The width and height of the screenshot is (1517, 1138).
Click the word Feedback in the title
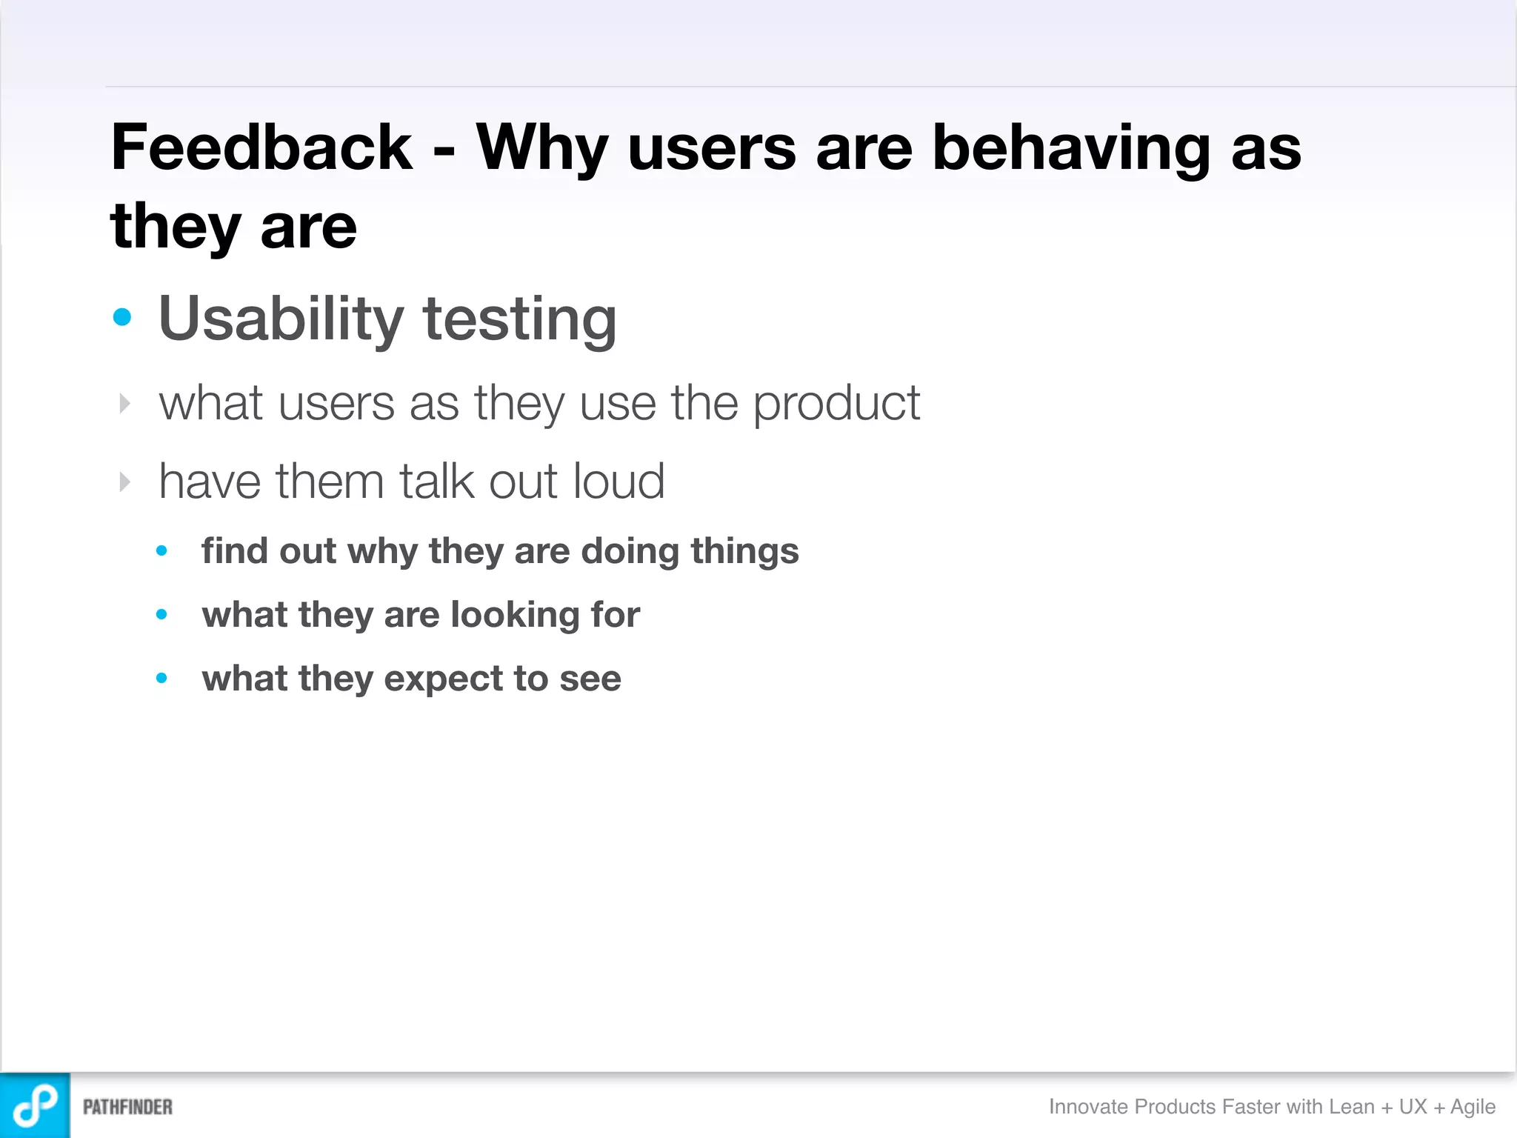tap(261, 147)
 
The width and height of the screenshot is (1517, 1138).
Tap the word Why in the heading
tap(541, 147)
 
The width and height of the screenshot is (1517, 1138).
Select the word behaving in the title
tap(1071, 147)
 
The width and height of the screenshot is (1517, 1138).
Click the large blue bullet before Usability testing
tap(122, 318)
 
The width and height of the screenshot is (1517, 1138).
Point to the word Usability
tap(281, 319)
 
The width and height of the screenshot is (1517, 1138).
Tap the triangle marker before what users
tap(124, 404)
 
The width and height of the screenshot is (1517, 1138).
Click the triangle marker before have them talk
tap(124, 482)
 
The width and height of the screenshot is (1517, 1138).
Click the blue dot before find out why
tap(161, 550)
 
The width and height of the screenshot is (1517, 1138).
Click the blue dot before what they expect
tap(161, 678)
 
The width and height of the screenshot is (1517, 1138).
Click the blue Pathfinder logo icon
tap(35, 1105)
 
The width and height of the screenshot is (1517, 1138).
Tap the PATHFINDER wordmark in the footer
tap(127, 1107)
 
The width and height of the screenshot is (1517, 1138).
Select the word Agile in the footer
tap(1473, 1107)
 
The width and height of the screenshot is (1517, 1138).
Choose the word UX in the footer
tap(1413, 1106)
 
